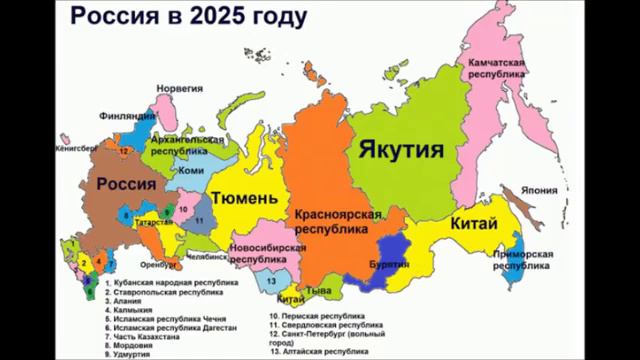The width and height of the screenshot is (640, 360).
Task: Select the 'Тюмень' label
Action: pyautogui.click(x=244, y=198)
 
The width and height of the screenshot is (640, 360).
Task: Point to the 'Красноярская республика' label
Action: pyautogui.click(x=340, y=221)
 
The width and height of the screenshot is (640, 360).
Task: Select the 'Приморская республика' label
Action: pyautogui.click(x=528, y=260)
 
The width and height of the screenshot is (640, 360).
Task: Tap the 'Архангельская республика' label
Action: pyautogui.click(x=187, y=146)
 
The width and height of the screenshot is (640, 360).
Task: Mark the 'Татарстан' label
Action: pyautogui.click(x=153, y=222)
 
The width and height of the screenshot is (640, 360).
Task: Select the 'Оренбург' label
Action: pyautogui.click(x=159, y=265)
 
